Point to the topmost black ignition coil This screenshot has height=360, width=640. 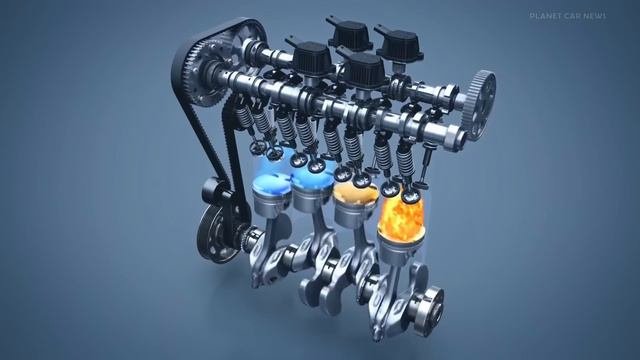[x=350, y=33]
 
